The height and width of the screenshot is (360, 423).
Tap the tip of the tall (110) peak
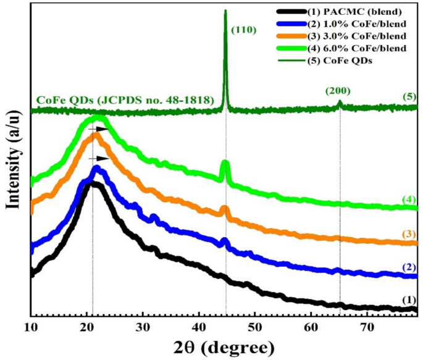[x=225, y=11]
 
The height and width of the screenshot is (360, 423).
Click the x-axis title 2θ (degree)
[x=216, y=347]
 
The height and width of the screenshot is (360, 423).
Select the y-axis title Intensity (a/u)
[x=12, y=151]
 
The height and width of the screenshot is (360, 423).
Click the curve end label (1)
[x=408, y=299]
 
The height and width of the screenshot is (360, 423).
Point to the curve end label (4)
[x=408, y=199]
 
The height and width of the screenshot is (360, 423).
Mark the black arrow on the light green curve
[x=98, y=128]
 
